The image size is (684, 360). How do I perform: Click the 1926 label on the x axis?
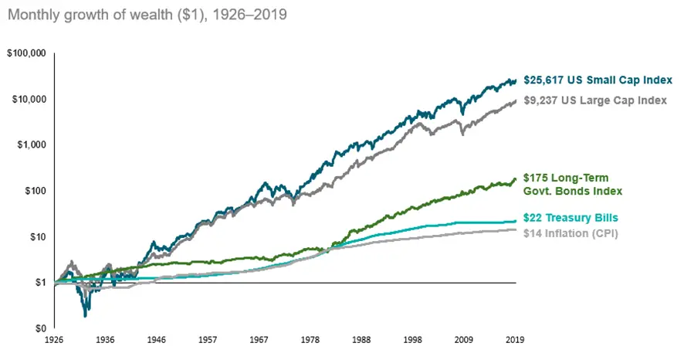coord(54,340)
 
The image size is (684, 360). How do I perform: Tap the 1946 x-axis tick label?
coord(157,340)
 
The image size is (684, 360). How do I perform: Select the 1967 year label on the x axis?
coord(259,340)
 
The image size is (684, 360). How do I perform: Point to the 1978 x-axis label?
coord(311,340)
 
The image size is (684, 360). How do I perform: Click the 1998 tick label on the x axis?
coord(414,340)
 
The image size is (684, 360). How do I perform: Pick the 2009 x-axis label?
coord(465,340)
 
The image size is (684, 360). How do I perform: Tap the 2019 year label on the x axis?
coord(516,340)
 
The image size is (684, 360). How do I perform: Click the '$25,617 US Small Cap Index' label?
coord(598,80)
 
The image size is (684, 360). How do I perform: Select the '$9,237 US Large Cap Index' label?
coord(595,100)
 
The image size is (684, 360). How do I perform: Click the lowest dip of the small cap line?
coord(85,314)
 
